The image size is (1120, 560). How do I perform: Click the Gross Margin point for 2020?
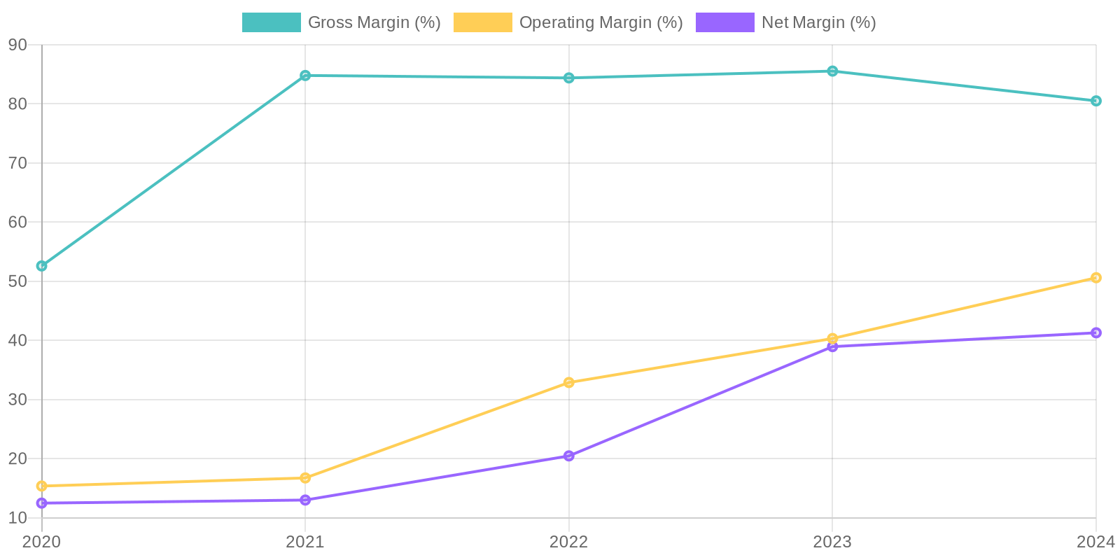pos(42,266)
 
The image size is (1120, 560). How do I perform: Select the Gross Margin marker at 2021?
pos(305,76)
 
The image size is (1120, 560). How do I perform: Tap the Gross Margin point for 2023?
pos(832,71)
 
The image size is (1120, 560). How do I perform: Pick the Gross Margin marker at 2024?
pos(1095,101)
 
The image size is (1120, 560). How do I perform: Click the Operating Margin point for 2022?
pos(569,382)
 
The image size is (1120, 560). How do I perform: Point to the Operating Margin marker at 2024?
pos(1095,278)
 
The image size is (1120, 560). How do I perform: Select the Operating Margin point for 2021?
pos(305,478)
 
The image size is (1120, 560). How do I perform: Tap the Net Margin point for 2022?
pos(569,456)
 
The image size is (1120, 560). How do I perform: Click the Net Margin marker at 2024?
pos(1095,332)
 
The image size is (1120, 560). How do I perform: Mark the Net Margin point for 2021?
pos(305,500)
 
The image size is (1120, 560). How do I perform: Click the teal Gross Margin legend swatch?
pos(272,22)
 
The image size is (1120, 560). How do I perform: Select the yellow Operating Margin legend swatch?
pos(483,22)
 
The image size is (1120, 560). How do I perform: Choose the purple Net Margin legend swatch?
pos(725,22)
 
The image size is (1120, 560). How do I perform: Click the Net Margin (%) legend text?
pos(818,22)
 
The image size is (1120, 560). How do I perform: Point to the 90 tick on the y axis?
pos(17,45)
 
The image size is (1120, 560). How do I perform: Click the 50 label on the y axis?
pos(17,281)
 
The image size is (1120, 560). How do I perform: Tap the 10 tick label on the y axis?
pos(17,518)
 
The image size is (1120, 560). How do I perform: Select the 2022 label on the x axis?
pos(569,541)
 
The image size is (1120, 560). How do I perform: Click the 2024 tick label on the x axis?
pos(1095,541)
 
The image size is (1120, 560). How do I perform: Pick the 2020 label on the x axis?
pos(42,541)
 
